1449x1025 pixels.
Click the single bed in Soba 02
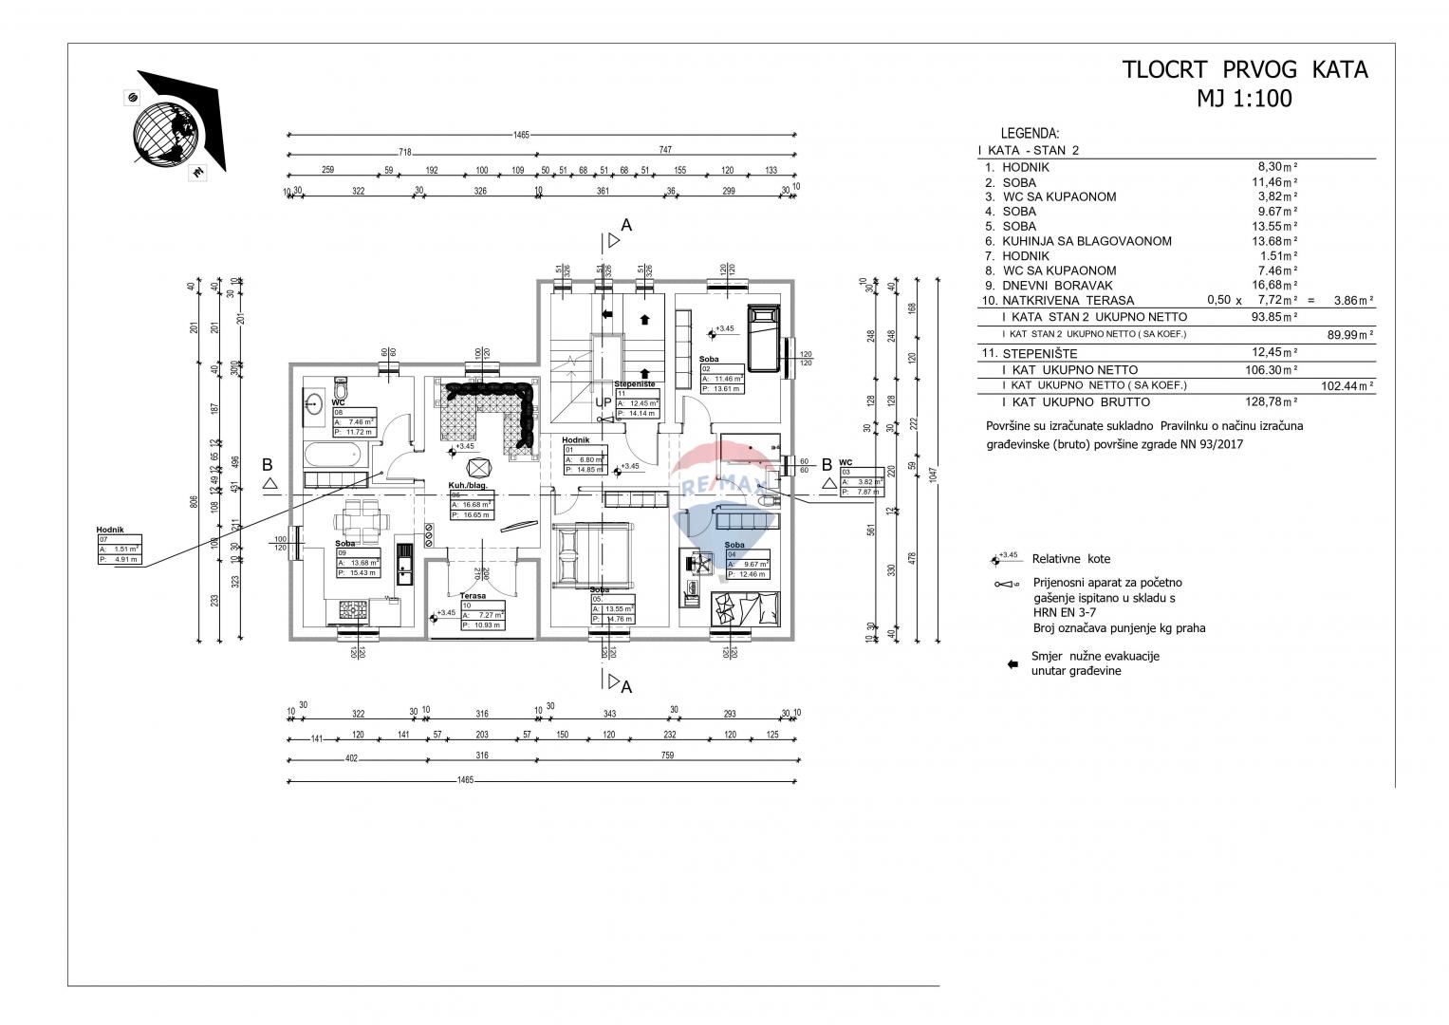[x=763, y=339]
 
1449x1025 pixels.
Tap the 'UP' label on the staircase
[x=603, y=402]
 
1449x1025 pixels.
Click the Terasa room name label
[x=474, y=596]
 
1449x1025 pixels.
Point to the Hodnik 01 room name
[x=576, y=440]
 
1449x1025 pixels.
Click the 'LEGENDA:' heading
[x=1030, y=134]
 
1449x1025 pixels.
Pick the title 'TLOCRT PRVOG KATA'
[x=1245, y=70]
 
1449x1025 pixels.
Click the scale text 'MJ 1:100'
[x=1245, y=99]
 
